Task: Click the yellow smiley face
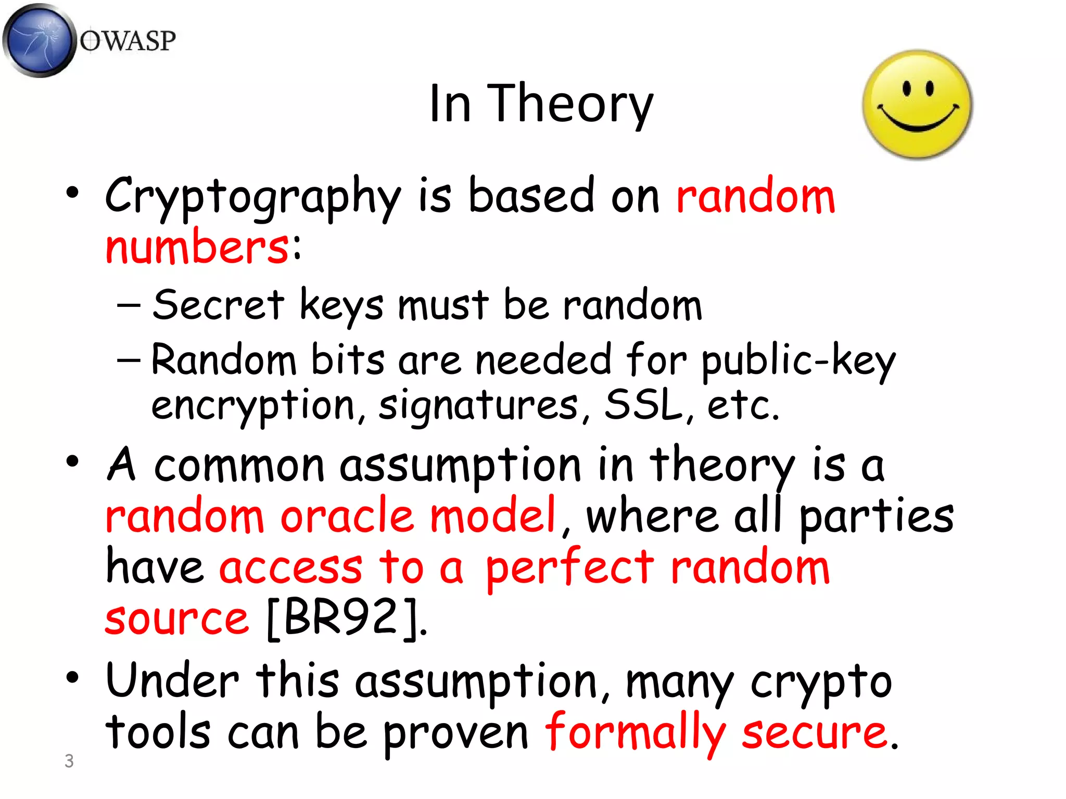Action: pyautogui.click(x=917, y=105)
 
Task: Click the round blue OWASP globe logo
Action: pyautogui.click(x=39, y=41)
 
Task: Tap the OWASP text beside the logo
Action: pyautogui.click(x=128, y=41)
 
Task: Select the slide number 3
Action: pyautogui.click(x=69, y=761)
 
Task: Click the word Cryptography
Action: pyautogui.click(x=253, y=197)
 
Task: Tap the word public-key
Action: pyautogui.click(x=798, y=360)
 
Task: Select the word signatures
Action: pyautogui.click(x=478, y=406)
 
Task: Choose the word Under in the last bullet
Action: pyautogui.click(x=172, y=681)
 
